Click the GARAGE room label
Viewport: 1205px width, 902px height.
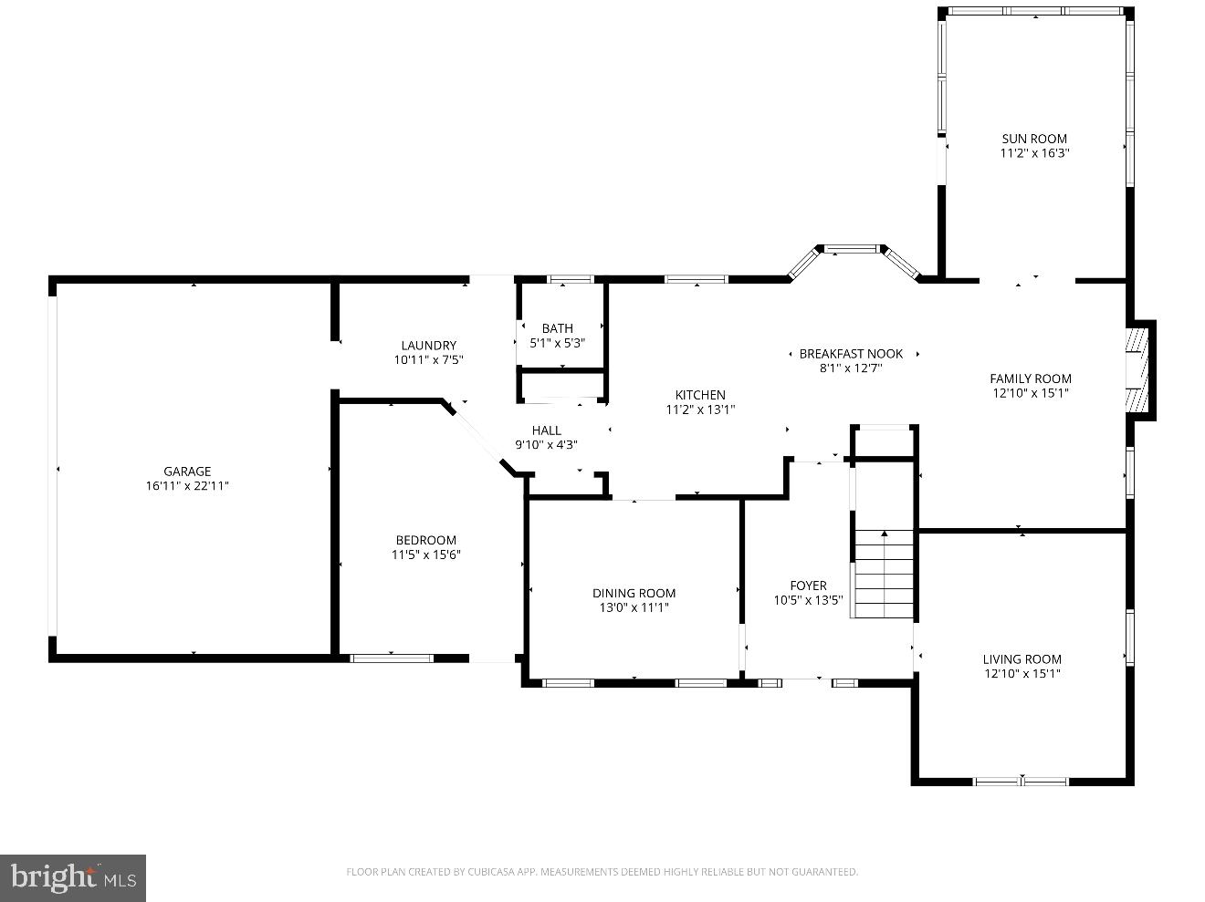coord(187,472)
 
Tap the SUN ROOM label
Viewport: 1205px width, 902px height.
coord(1034,139)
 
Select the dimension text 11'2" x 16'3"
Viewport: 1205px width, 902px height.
coord(1034,153)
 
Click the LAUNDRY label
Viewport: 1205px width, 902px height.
coord(428,345)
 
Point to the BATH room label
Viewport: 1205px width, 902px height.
coord(557,328)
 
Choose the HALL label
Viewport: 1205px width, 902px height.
coord(546,430)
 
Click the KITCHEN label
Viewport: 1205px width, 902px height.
coord(700,395)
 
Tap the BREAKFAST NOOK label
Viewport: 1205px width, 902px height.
coord(851,354)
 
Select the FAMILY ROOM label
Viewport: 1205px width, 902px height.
coord(1031,378)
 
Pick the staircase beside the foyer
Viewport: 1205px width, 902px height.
coord(884,573)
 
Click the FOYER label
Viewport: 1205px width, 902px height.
coord(808,586)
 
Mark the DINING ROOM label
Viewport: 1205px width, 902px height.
coord(634,593)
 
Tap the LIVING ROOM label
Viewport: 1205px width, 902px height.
coord(1022,659)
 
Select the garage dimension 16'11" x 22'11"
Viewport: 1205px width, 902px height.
coord(187,486)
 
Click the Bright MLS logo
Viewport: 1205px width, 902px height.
coord(73,877)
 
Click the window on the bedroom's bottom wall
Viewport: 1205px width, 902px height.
coord(392,657)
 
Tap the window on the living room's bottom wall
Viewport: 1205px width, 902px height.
coord(1021,781)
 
